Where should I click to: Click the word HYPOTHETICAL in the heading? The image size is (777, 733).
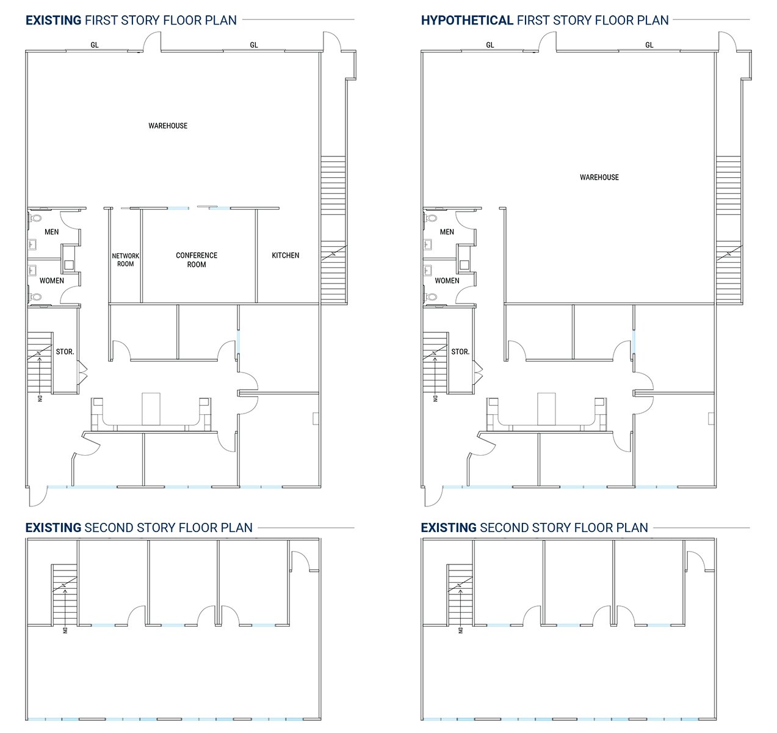point(467,20)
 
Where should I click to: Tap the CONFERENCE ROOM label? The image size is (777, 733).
point(197,260)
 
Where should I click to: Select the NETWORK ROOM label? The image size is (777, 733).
point(126,260)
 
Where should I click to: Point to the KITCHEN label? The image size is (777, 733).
point(286,255)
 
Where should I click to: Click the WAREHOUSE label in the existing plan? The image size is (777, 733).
point(168,126)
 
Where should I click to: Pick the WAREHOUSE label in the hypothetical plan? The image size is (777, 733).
point(599,177)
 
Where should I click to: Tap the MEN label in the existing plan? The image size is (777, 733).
point(52,232)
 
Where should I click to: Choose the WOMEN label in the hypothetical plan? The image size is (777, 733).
point(447,281)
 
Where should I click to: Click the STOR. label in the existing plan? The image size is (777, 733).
point(65,352)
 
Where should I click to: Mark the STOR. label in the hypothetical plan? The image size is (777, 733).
point(460,352)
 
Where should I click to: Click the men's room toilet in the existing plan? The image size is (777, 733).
point(36,217)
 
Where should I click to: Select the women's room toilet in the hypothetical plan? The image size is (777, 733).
point(432,297)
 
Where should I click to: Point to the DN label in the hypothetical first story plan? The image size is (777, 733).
point(435,399)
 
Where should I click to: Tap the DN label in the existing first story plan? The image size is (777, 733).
point(40,399)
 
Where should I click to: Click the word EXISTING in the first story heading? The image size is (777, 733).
point(53,20)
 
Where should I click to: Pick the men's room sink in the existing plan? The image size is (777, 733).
point(32,245)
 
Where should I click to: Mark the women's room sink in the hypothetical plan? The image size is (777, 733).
point(428,270)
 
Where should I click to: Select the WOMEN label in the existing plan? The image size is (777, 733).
point(52,281)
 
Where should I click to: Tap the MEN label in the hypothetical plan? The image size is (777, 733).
point(447,232)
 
